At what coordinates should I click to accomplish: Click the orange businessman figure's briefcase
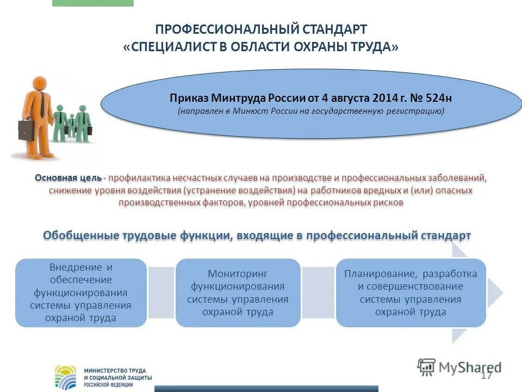click(x=26, y=130)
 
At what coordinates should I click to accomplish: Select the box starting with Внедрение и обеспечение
click(x=81, y=293)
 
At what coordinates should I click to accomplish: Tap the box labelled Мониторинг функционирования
click(x=238, y=293)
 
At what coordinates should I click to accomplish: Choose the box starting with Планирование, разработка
click(x=411, y=293)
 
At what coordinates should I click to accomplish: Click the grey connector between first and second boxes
click(x=161, y=292)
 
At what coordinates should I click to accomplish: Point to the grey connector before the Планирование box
click(x=318, y=292)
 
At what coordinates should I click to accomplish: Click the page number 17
click(x=486, y=376)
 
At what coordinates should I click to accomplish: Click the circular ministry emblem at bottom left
click(x=66, y=377)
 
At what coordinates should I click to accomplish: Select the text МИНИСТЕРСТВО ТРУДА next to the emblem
click(x=115, y=371)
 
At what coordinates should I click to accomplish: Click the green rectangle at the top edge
click(x=92, y=3)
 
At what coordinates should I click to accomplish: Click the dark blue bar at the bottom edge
click(x=266, y=389)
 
